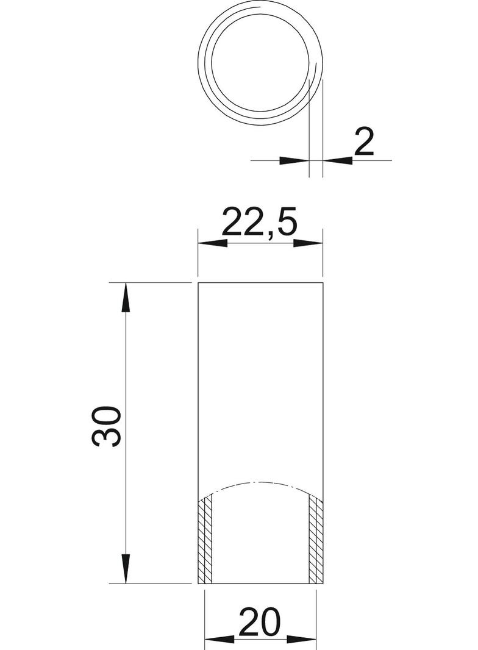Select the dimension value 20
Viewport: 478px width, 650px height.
260,623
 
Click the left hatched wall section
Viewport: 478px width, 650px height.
205,540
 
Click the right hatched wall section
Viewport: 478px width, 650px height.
315,540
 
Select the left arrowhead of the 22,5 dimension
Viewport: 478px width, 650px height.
213,243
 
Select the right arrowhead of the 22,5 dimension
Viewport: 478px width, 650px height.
309,243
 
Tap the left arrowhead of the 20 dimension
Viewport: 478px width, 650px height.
217,639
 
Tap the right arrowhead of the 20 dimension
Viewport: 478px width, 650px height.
304,639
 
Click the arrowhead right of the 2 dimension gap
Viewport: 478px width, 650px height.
338,160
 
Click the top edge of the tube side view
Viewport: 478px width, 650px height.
261,284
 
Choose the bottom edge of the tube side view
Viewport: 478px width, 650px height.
261,583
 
